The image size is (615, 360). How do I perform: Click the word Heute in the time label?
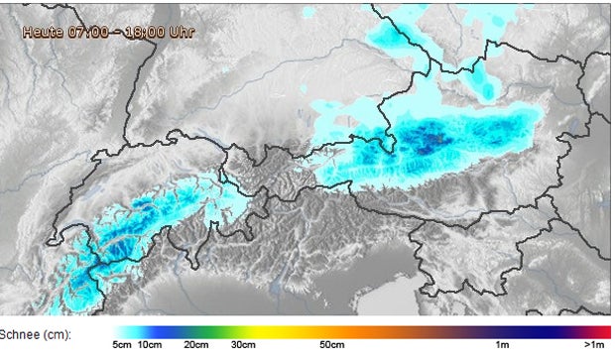(44, 32)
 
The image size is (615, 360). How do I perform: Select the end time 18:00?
(153, 32)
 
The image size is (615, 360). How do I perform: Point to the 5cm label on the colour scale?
(123, 346)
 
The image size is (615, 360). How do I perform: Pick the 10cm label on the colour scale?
(151, 346)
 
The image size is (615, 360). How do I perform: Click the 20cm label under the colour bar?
(195, 346)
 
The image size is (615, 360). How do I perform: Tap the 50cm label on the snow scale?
(331, 346)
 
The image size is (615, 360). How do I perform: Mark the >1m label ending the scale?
(595, 346)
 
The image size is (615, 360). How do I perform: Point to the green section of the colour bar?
(213, 332)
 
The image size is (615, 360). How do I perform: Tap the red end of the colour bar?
(603, 332)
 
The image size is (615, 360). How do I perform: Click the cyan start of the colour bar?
(124, 332)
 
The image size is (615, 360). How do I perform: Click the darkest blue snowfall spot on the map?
(429, 142)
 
